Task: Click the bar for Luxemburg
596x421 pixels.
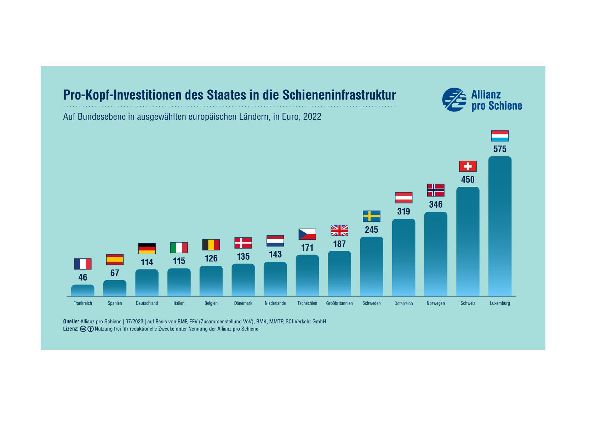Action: click(500, 226)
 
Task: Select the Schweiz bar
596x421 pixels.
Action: click(468, 242)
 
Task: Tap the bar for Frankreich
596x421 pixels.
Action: click(82, 290)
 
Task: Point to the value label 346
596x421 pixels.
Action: click(436, 204)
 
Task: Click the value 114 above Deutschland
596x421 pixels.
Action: click(147, 262)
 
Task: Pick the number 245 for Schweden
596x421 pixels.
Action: click(371, 230)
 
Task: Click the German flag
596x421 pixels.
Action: click(147, 249)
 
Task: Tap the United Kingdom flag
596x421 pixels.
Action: click(339, 230)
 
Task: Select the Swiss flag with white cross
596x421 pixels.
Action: click(468, 166)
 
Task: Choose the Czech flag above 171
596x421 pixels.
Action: click(307, 234)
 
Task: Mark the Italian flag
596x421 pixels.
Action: click(179, 248)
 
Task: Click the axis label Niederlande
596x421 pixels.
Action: click(275, 303)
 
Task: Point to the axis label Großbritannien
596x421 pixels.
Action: click(339, 303)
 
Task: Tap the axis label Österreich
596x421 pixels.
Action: click(403, 304)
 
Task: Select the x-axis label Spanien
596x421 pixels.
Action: click(115, 303)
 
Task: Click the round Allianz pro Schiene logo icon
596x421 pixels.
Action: click(454, 100)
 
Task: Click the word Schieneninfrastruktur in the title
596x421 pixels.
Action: click(339, 95)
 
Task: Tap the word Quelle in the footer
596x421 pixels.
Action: click(70, 322)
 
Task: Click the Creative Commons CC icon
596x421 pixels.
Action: click(83, 329)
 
